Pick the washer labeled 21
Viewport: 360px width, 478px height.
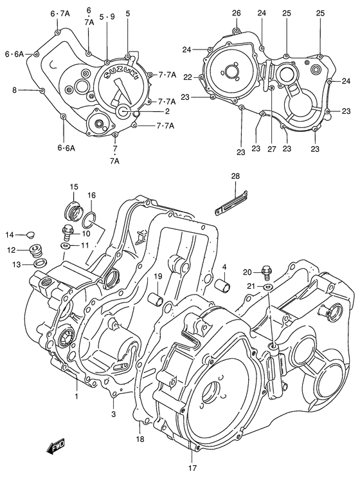(268, 286)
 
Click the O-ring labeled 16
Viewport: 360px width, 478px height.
(89, 221)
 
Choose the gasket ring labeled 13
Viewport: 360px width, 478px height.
(39, 263)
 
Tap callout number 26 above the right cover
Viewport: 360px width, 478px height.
(236, 13)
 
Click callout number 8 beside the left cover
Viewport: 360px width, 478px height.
(14, 90)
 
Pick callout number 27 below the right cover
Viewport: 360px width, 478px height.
(271, 148)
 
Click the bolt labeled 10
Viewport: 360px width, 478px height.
(66, 230)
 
